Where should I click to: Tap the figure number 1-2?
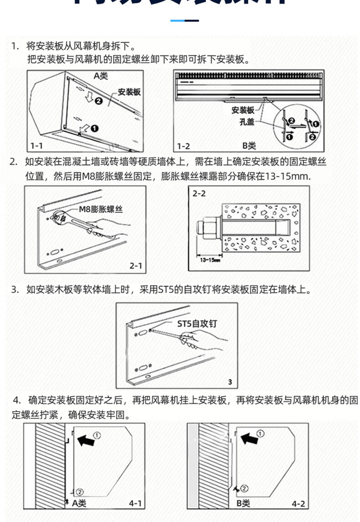click(183, 146)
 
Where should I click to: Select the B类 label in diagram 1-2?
click(249, 146)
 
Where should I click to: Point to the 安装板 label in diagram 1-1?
click(129, 92)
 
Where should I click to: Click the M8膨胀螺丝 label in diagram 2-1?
click(101, 209)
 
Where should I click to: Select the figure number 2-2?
click(199, 194)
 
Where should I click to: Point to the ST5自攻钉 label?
click(197, 324)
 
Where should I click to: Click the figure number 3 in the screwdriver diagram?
click(230, 382)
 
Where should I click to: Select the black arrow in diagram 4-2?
click(248, 439)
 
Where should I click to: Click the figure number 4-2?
click(298, 504)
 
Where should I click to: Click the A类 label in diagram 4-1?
click(79, 503)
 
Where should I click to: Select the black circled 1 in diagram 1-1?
click(94, 129)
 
